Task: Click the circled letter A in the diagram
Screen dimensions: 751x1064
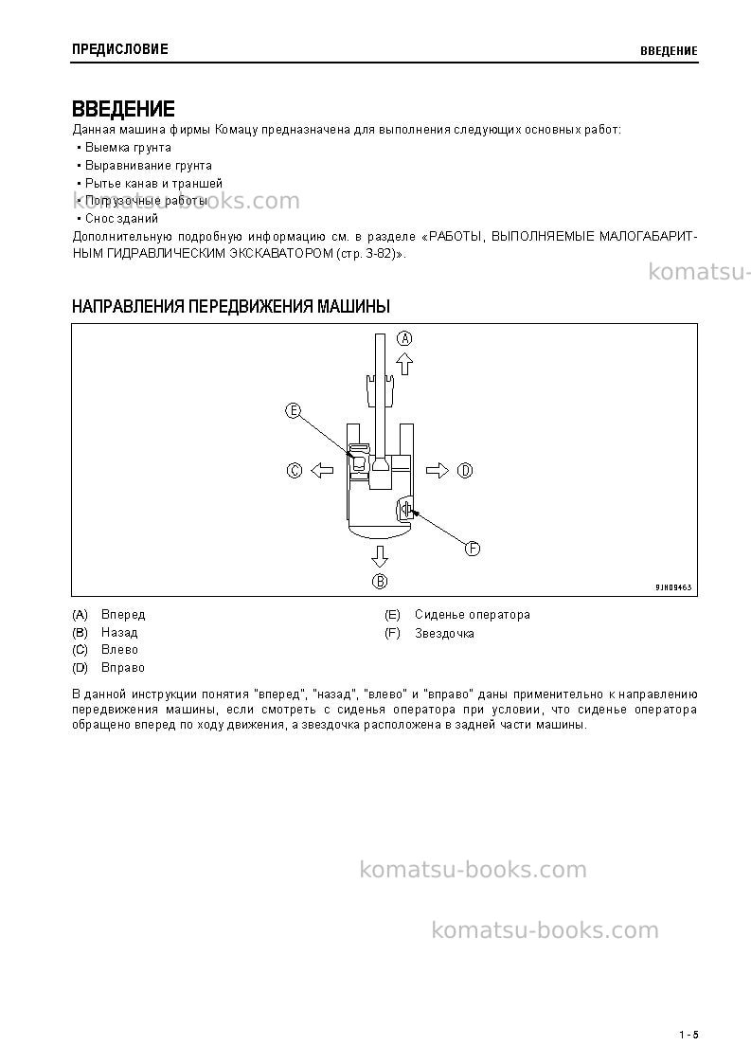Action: pyautogui.click(x=404, y=338)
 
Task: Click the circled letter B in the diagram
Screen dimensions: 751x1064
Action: pyautogui.click(x=379, y=581)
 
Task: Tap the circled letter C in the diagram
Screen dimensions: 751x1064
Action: pyautogui.click(x=295, y=470)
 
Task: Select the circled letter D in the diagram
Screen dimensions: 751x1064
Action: pyautogui.click(x=465, y=470)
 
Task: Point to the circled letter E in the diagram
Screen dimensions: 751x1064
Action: pyautogui.click(x=293, y=410)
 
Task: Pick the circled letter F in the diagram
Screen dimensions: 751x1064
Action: pyautogui.click(x=473, y=549)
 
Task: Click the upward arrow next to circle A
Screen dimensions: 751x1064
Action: pyautogui.click(x=404, y=363)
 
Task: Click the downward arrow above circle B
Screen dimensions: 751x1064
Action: pyautogui.click(x=379, y=556)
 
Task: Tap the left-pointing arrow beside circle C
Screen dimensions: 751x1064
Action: pyautogui.click(x=322, y=470)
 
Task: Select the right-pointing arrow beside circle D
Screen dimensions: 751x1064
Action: pyautogui.click(x=438, y=470)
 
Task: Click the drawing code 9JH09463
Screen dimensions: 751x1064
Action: pyautogui.click(x=673, y=587)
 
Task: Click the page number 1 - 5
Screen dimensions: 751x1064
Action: pyautogui.click(x=688, y=1035)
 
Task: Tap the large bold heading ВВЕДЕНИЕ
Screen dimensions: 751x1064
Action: pyautogui.click(x=123, y=109)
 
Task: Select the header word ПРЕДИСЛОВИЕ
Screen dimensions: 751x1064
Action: pyautogui.click(x=120, y=49)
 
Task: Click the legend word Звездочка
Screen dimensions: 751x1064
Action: pyautogui.click(x=444, y=634)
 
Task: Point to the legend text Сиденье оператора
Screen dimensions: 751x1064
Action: pyautogui.click(x=473, y=615)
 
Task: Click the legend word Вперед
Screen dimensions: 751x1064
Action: pyautogui.click(x=123, y=615)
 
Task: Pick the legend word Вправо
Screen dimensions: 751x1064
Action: pyautogui.click(x=123, y=668)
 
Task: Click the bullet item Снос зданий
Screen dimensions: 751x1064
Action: pyautogui.click(x=121, y=219)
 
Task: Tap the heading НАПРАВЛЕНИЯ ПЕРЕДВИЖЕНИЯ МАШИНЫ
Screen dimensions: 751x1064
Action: pyautogui.click(x=231, y=307)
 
